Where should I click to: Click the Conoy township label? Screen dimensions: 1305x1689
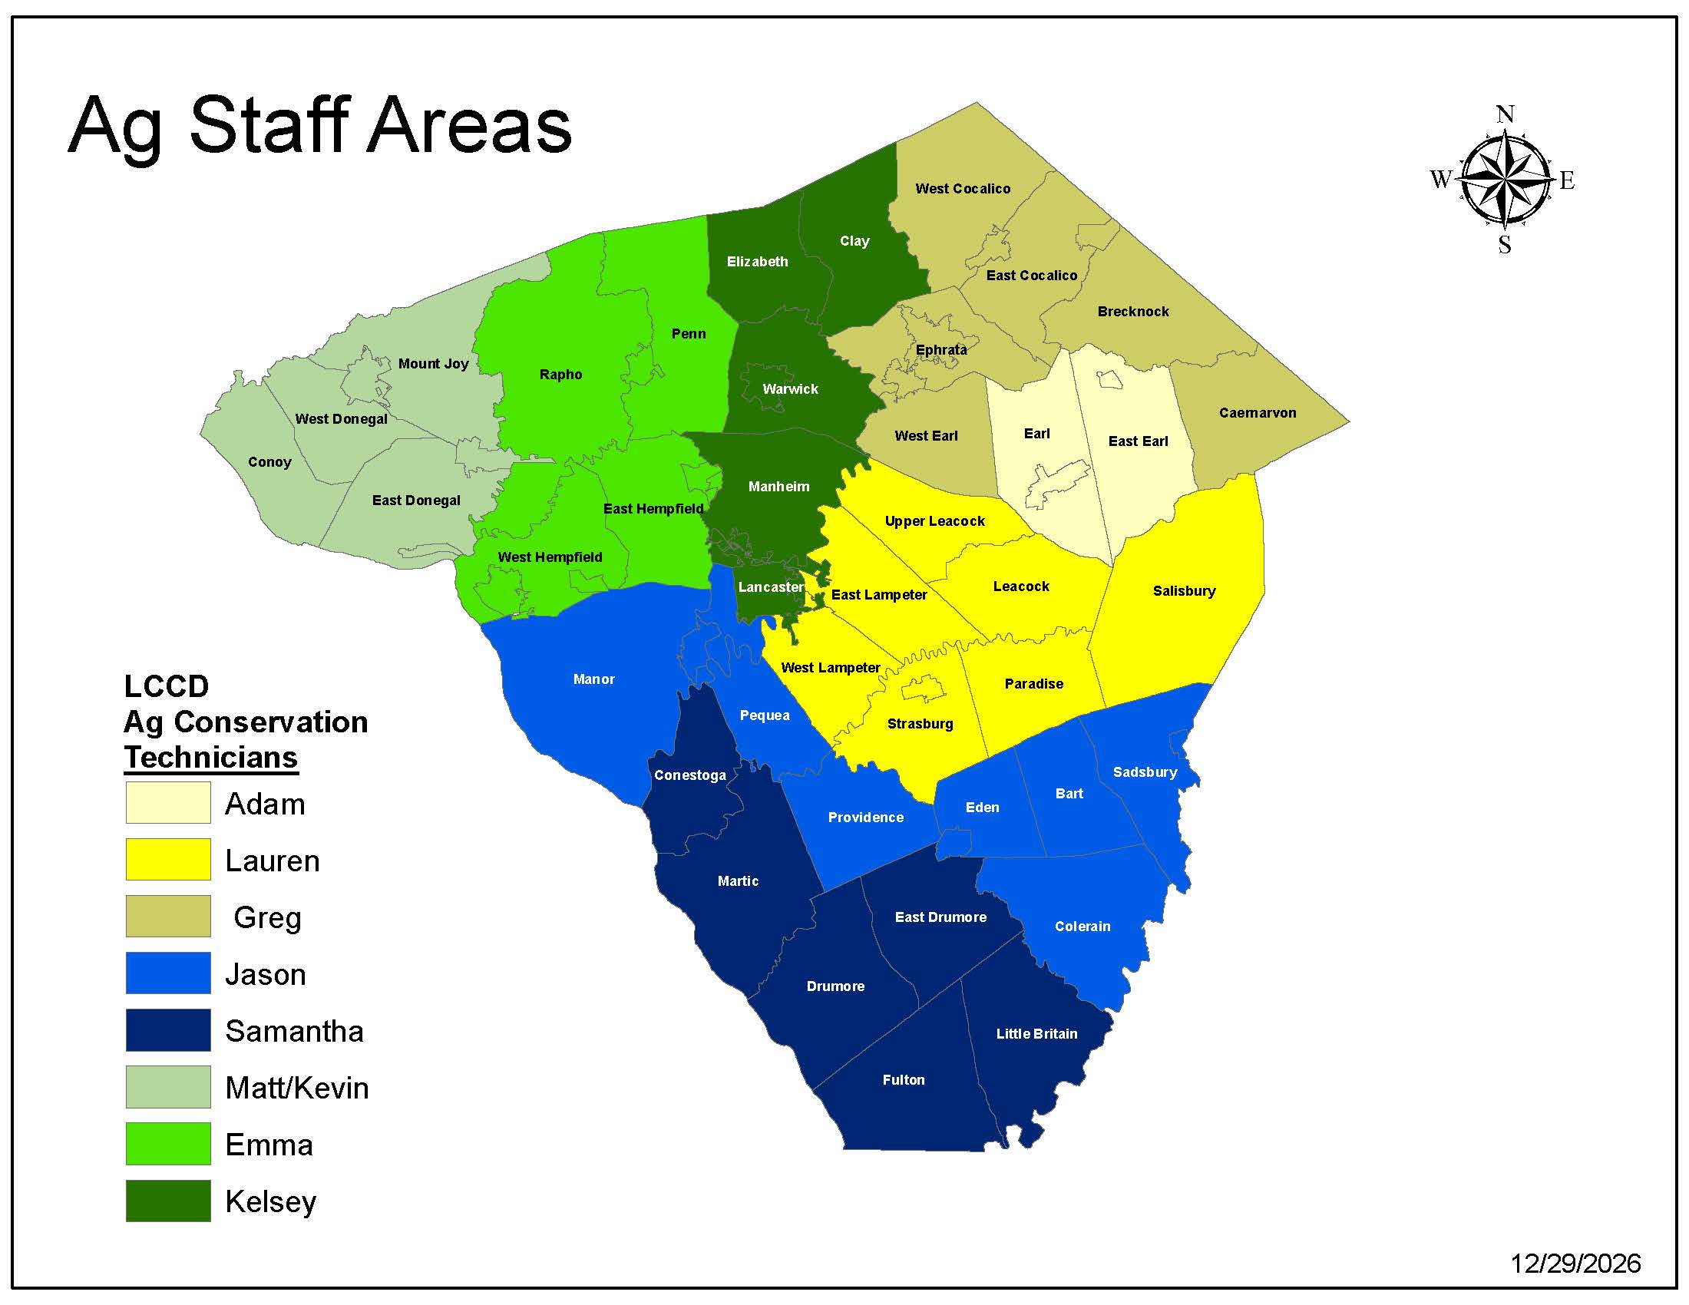click(x=269, y=462)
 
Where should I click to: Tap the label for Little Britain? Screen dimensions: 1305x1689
click(x=1036, y=1034)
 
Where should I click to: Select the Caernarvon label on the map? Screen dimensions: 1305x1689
click(x=1258, y=413)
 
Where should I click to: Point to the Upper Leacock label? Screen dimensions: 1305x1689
click(x=934, y=521)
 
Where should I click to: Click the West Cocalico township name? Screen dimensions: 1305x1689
click(x=963, y=189)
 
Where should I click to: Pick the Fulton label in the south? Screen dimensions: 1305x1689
click(x=904, y=1080)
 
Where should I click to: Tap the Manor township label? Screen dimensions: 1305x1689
click(x=593, y=679)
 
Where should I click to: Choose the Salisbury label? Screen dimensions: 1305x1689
click(x=1184, y=591)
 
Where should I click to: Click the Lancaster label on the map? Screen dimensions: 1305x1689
click(x=770, y=587)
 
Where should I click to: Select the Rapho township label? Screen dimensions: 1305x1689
click(x=560, y=375)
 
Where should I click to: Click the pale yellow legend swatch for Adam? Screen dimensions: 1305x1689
click(x=168, y=802)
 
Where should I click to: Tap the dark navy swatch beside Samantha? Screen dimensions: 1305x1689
click(x=168, y=1029)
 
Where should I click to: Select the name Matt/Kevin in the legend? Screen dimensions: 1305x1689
click(x=297, y=1089)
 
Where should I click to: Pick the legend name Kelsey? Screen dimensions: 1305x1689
click(x=271, y=1202)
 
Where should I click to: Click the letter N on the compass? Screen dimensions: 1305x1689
click(x=1505, y=115)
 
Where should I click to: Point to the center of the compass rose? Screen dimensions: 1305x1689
click(x=1505, y=180)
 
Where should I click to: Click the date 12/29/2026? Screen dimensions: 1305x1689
click(x=1575, y=1264)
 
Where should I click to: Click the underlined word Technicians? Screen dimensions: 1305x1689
click(x=211, y=758)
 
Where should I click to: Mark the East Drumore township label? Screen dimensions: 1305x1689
click(x=940, y=917)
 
